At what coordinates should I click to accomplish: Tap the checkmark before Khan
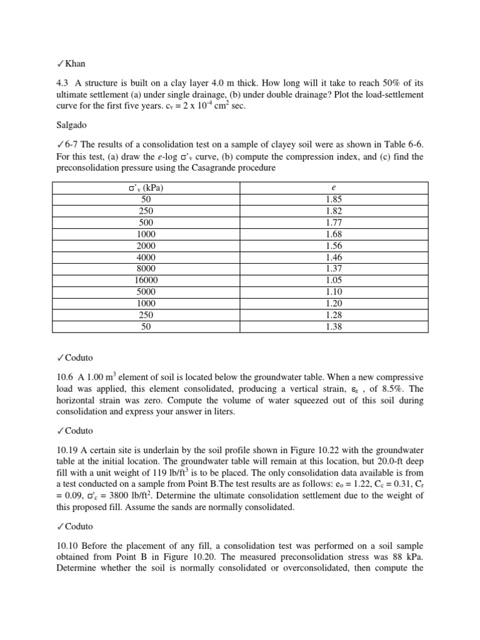[60, 64]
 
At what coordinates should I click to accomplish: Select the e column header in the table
[334, 188]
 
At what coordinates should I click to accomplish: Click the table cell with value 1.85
[334, 200]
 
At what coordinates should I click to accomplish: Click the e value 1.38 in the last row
[334, 326]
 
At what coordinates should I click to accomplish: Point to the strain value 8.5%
[397, 389]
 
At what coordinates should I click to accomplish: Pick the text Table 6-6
[401, 146]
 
